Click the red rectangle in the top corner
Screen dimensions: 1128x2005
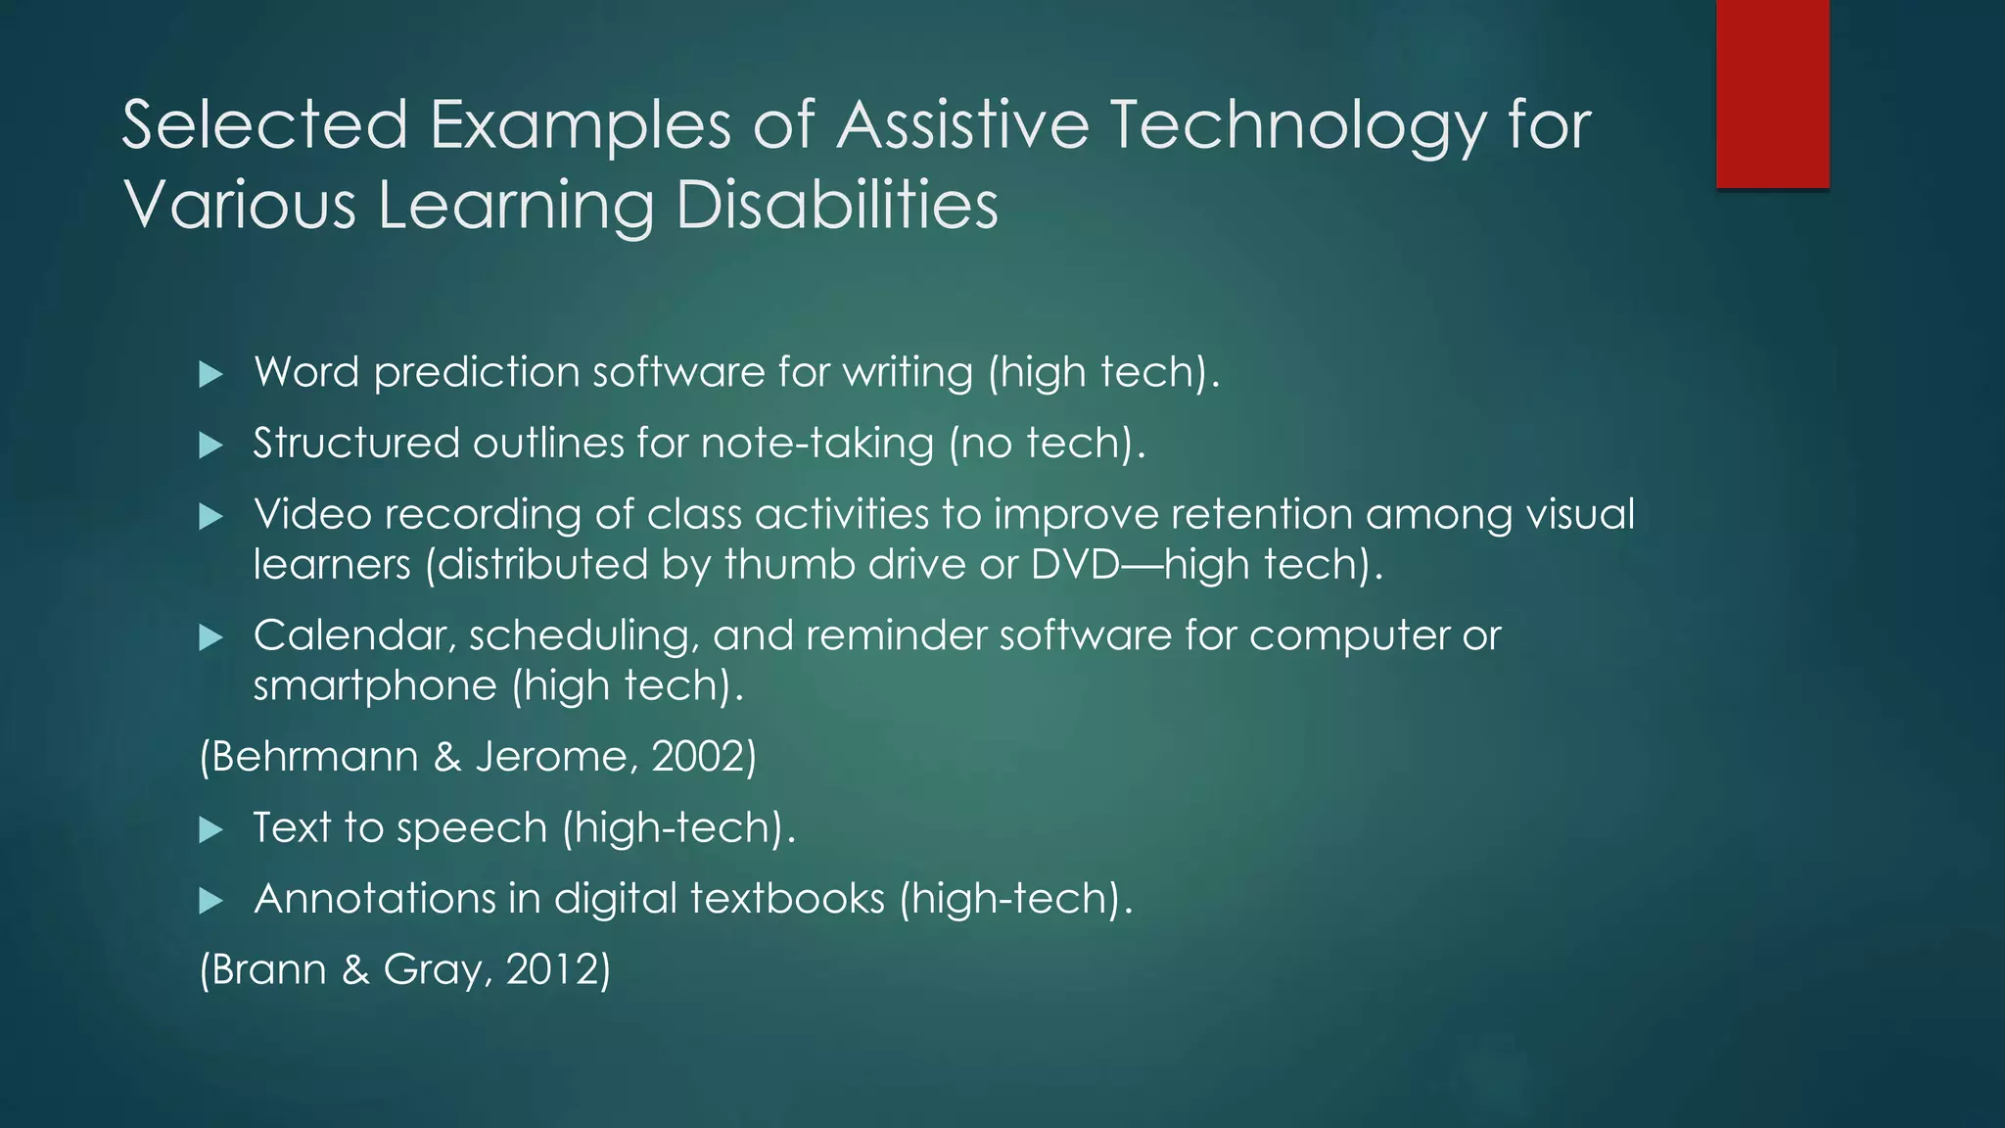click(x=1772, y=93)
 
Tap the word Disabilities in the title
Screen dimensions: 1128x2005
click(x=837, y=206)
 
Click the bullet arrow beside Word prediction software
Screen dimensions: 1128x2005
click(x=210, y=374)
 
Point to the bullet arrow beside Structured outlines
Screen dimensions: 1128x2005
click(x=210, y=446)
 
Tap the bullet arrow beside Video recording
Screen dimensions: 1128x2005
click(x=210, y=516)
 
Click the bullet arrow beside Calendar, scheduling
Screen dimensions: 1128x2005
click(x=210, y=637)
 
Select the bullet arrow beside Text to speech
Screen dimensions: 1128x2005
click(x=210, y=830)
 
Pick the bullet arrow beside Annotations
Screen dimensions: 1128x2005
click(x=210, y=901)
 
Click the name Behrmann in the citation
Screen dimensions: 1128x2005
click(x=315, y=757)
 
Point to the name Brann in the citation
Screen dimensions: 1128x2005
click(x=268, y=969)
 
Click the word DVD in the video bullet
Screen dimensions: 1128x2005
click(x=1074, y=565)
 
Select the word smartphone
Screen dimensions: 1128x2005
click(x=375, y=685)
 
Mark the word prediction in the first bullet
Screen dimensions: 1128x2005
click(x=477, y=373)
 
